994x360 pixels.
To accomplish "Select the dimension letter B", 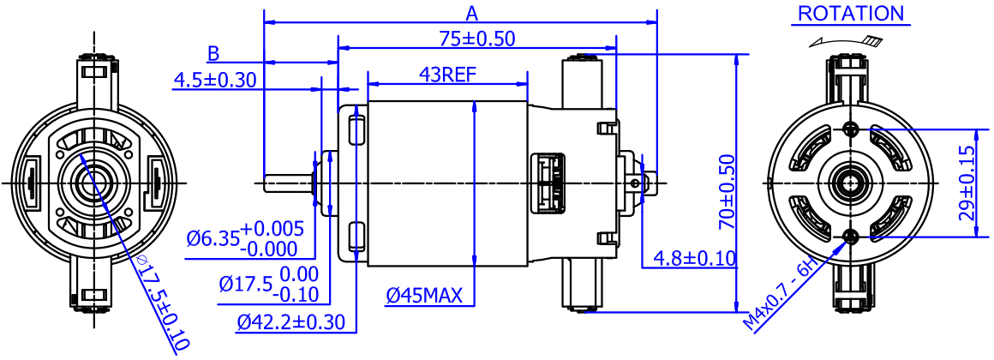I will (x=213, y=53).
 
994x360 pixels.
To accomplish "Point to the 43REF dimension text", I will (x=447, y=75).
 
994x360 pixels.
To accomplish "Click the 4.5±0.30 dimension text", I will (x=215, y=80).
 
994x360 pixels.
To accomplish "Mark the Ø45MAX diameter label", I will (x=423, y=296).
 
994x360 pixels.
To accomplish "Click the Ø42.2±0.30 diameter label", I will (x=290, y=321).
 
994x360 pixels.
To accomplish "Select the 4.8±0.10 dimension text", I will (x=694, y=258).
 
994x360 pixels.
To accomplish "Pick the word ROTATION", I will (x=851, y=13).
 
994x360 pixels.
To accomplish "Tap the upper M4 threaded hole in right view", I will (x=851, y=129).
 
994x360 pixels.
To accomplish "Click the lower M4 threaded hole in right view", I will (x=851, y=236).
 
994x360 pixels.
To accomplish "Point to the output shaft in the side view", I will (x=287, y=183).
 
